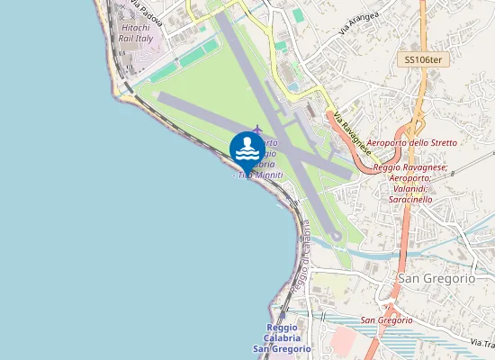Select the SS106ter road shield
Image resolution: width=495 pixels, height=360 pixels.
pyautogui.click(x=423, y=60)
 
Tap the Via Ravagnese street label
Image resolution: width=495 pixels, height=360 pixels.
pyautogui.click(x=351, y=131)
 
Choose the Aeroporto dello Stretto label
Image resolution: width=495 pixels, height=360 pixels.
pyautogui.click(x=413, y=143)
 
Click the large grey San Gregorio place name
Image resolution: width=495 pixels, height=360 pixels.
pyautogui.click(x=436, y=279)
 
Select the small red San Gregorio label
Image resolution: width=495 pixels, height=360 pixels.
pyautogui.click(x=386, y=320)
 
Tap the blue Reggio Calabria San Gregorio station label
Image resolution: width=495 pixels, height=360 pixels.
pyautogui.click(x=281, y=337)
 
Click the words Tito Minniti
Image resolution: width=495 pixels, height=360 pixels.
pyautogui.click(x=261, y=175)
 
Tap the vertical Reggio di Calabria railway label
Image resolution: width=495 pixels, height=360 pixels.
pyautogui.click(x=301, y=256)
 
